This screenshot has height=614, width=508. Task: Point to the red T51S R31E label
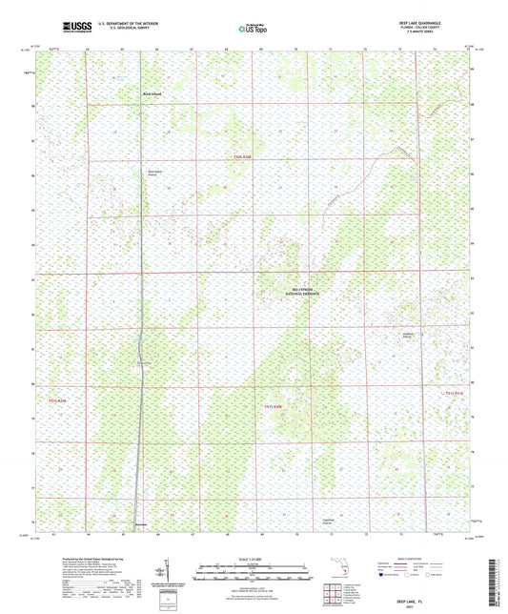point(453,393)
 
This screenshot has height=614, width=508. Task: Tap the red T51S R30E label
point(274,407)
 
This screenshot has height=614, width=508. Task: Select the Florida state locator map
point(341,571)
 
